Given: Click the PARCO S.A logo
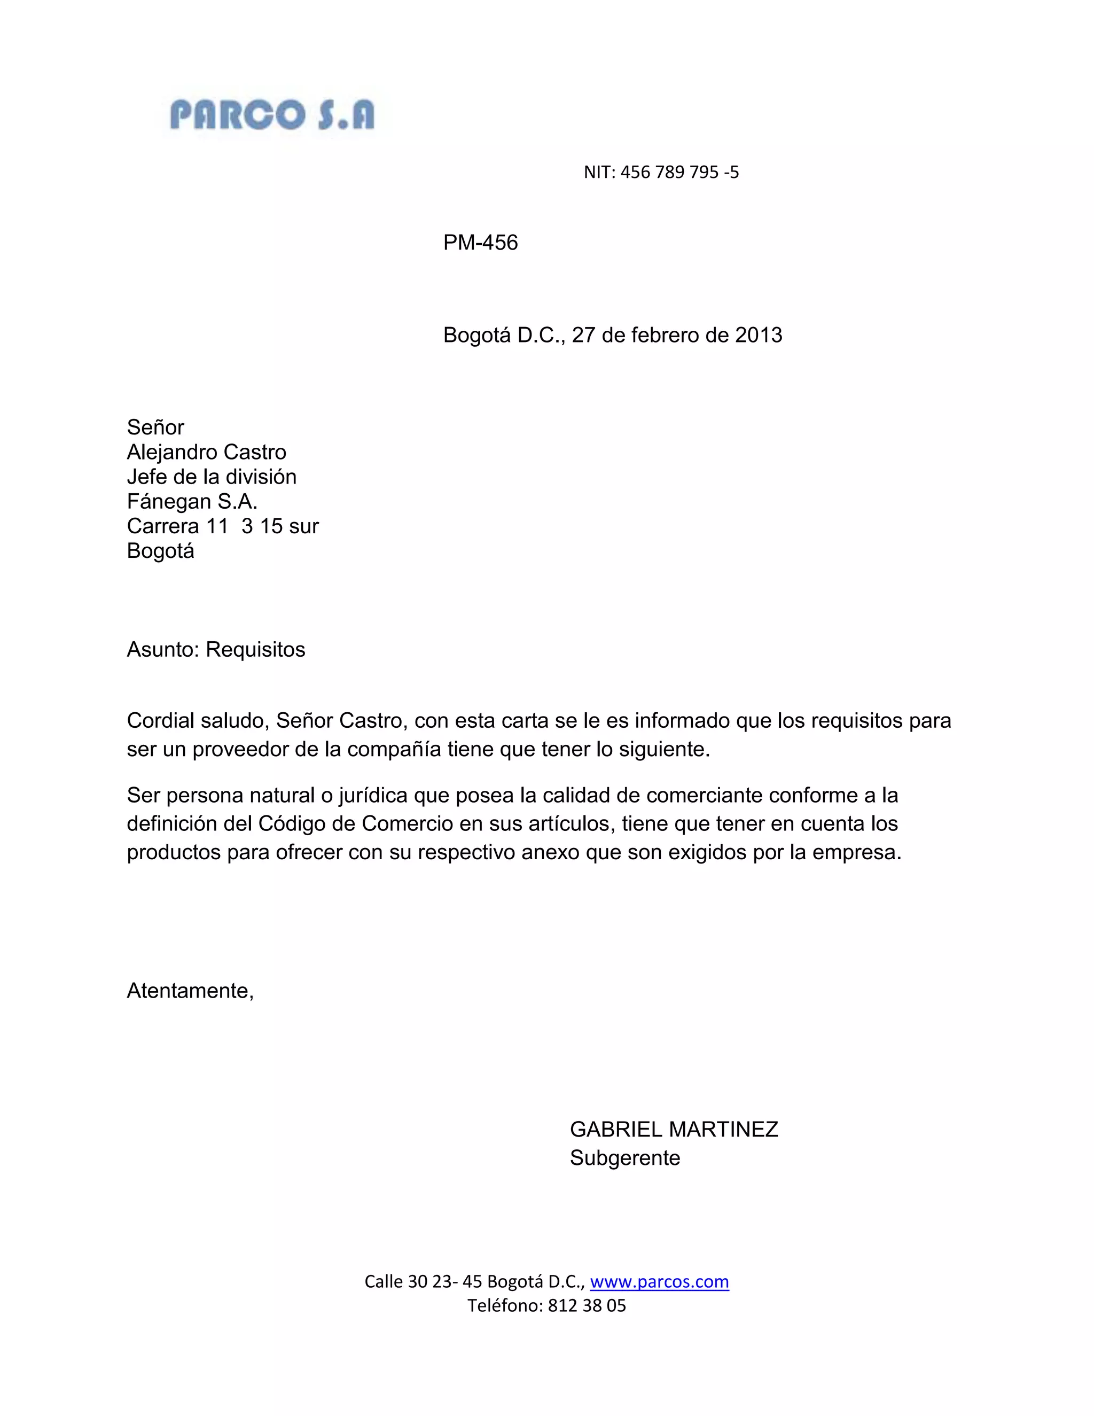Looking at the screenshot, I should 272,115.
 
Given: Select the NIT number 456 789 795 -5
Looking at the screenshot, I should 679,172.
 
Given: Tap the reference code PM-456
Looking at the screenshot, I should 480,243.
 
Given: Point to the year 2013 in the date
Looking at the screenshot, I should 759,335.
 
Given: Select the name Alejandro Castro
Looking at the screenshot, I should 206,452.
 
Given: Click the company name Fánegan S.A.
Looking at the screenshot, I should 192,501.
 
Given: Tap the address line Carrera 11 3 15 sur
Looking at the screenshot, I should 222,526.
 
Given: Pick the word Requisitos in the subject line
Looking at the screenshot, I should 255,650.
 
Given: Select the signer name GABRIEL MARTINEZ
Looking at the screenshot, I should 674,1130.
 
